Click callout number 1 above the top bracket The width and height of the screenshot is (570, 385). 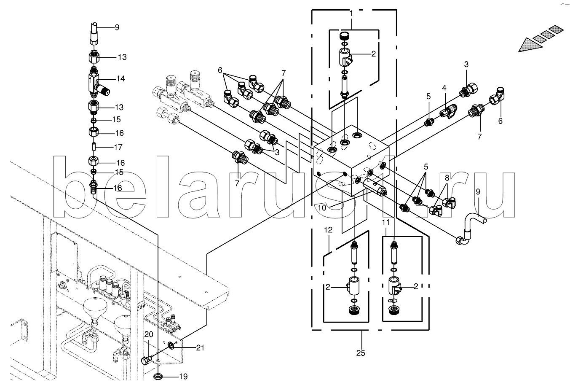tap(351, 13)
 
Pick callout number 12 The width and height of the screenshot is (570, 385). tap(328, 230)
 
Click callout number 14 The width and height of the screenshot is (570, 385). tap(120, 78)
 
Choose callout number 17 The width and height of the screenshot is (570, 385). tap(118, 148)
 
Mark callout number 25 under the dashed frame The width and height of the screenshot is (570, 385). tap(361, 353)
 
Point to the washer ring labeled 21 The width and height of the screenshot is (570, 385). tap(171, 346)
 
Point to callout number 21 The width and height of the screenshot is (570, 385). tap(200, 347)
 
